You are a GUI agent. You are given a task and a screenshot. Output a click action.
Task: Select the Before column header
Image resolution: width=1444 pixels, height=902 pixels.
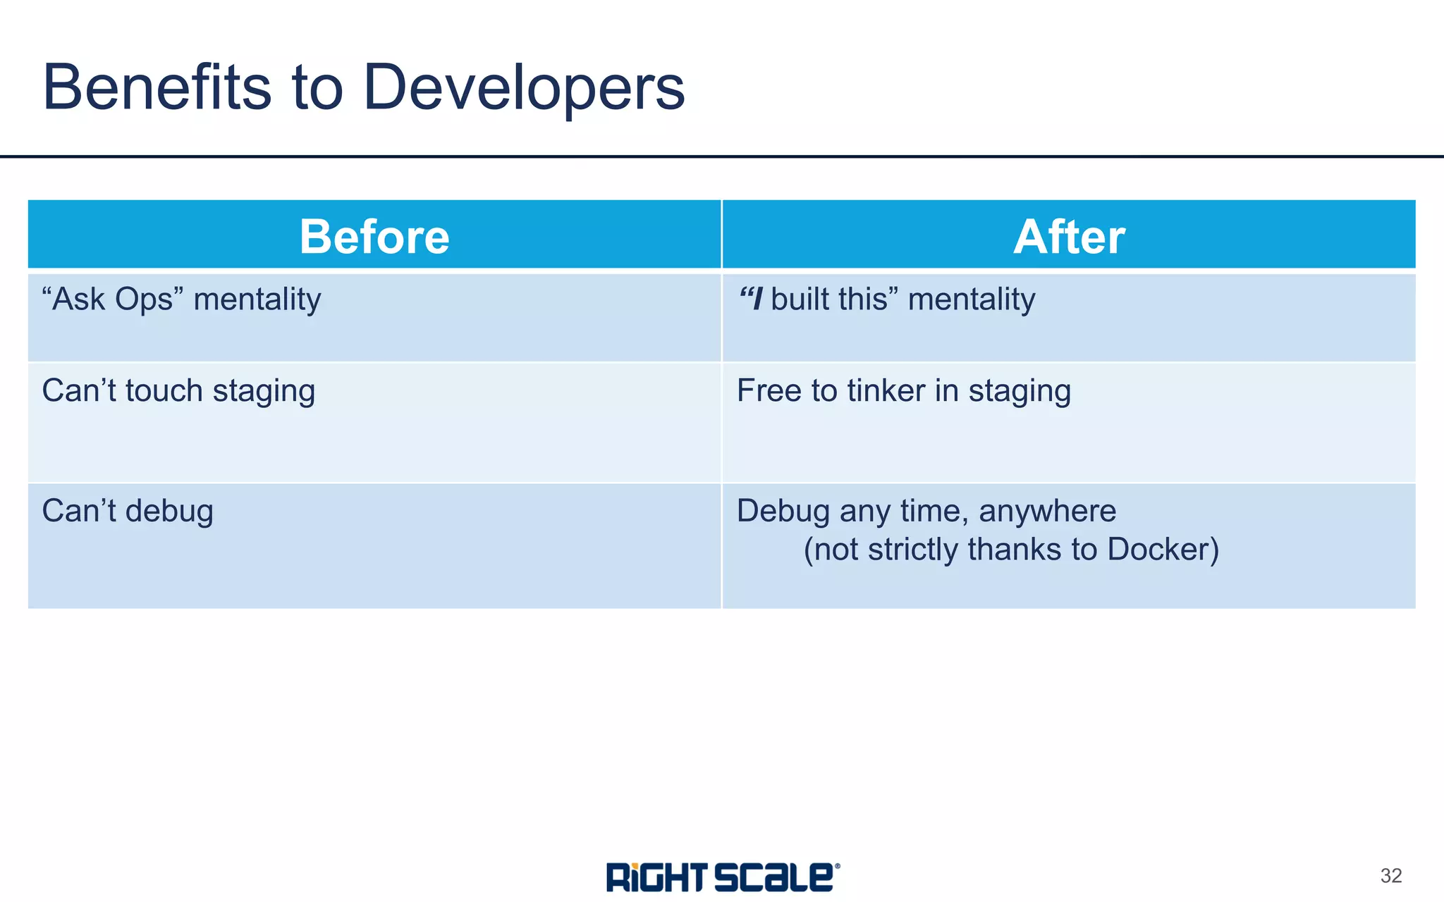coord(374,236)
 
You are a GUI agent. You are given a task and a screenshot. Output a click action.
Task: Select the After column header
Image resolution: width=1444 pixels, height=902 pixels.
coord(1069,236)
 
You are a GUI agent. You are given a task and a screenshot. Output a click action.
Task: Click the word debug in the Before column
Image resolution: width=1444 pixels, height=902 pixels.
coord(169,511)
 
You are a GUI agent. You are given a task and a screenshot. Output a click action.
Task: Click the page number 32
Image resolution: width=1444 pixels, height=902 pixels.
coord(1390,876)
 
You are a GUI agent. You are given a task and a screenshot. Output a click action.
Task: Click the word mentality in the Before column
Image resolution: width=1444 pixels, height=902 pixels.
coord(257,299)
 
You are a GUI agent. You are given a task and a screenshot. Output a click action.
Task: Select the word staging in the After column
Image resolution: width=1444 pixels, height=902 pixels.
coord(1020,392)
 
